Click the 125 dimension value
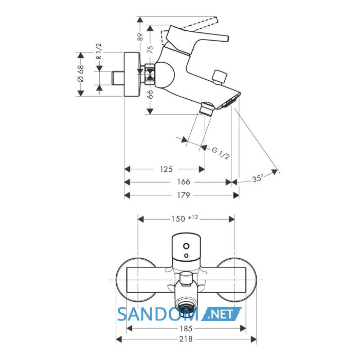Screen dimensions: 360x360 pyautogui.click(x=166, y=169)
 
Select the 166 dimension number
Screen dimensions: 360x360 pyautogui.click(x=184, y=182)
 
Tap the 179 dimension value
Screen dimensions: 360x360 pyautogui.click(x=184, y=195)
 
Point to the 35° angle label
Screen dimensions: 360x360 pyautogui.click(x=258, y=178)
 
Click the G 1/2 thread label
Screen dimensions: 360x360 pyautogui.click(x=221, y=153)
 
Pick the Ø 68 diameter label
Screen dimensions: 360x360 pyautogui.click(x=81, y=74)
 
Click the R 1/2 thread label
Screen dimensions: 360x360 pyautogui.click(x=99, y=51)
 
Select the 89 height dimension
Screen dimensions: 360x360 pyautogui.click(x=140, y=37)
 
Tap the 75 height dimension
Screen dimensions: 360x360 pyautogui.click(x=150, y=49)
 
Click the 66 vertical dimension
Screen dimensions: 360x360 pyautogui.click(x=150, y=94)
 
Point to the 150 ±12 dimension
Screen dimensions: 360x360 pyautogui.click(x=185, y=218)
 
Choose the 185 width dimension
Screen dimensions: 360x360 pyautogui.click(x=186, y=329)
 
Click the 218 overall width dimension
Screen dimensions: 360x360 pyautogui.click(x=186, y=339)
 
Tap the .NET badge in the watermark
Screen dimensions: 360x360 pyautogui.click(x=222, y=314)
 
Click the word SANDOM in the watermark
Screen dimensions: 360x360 pyautogui.click(x=158, y=314)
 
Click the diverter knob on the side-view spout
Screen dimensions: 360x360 pyautogui.click(x=220, y=77)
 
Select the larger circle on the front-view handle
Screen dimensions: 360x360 pyautogui.click(x=186, y=246)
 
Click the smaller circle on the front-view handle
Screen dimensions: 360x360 pyautogui.click(x=186, y=255)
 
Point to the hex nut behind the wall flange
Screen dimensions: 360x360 pyautogui.click(x=150, y=74)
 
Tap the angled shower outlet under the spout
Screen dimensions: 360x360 pyautogui.click(x=207, y=109)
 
